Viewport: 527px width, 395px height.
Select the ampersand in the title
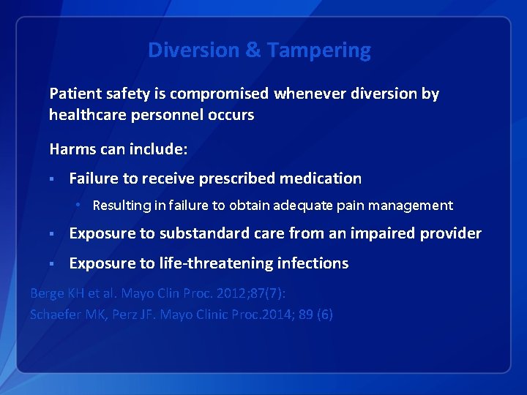[x=253, y=50]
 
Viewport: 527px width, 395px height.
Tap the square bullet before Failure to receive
[x=53, y=178]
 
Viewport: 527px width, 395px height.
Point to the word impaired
[x=381, y=233]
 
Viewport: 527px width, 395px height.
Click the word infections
[x=317, y=263]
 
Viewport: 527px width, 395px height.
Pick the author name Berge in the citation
[x=47, y=293]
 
